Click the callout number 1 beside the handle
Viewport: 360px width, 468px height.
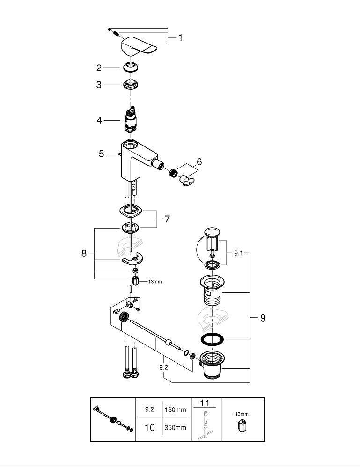[x=180, y=37]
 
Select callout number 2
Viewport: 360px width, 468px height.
[x=99, y=68]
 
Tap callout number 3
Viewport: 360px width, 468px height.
[x=99, y=85]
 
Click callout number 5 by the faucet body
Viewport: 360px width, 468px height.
[x=102, y=154]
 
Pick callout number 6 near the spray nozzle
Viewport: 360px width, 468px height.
[x=199, y=162]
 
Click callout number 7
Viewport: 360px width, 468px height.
[x=167, y=219]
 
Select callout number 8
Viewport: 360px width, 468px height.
[x=84, y=253]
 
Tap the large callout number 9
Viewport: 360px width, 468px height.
[x=263, y=318]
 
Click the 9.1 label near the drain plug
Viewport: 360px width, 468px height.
[x=238, y=253]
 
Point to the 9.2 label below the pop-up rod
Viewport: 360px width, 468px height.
[x=164, y=368]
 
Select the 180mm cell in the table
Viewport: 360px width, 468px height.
[x=175, y=409]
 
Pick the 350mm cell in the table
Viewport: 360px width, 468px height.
[x=175, y=428]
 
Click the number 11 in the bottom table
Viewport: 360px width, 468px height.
[x=206, y=402]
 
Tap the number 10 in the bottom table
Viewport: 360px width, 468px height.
[x=149, y=428]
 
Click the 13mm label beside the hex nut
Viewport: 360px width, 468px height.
[x=154, y=282]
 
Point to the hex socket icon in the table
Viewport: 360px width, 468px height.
[x=242, y=426]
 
